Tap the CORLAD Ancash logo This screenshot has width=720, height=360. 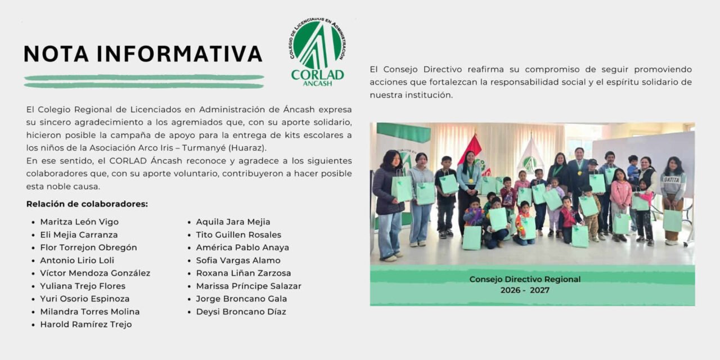pos(317,52)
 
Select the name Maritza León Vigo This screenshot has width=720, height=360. pos(79,222)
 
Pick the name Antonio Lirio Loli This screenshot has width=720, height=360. pos(77,260)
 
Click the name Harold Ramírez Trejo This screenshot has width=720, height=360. pos(85,325)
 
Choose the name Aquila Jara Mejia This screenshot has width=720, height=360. pos(233,222)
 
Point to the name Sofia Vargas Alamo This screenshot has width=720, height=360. pos(238,260)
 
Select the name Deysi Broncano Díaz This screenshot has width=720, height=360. pos(241,312)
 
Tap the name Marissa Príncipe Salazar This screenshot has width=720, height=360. pos(249,286)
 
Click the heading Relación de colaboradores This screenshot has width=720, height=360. pos(87,204)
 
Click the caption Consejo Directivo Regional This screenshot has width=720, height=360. pos(525,279)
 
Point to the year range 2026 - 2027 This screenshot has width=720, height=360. pos(525,290)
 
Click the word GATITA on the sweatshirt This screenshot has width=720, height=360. pos(673,180)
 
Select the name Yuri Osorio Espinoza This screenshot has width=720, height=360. pos(84,299)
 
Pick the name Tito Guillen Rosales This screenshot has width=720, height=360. pos(238,235)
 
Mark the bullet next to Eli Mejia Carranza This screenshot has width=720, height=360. pos(34,235)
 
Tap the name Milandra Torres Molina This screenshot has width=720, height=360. pos(90,312)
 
